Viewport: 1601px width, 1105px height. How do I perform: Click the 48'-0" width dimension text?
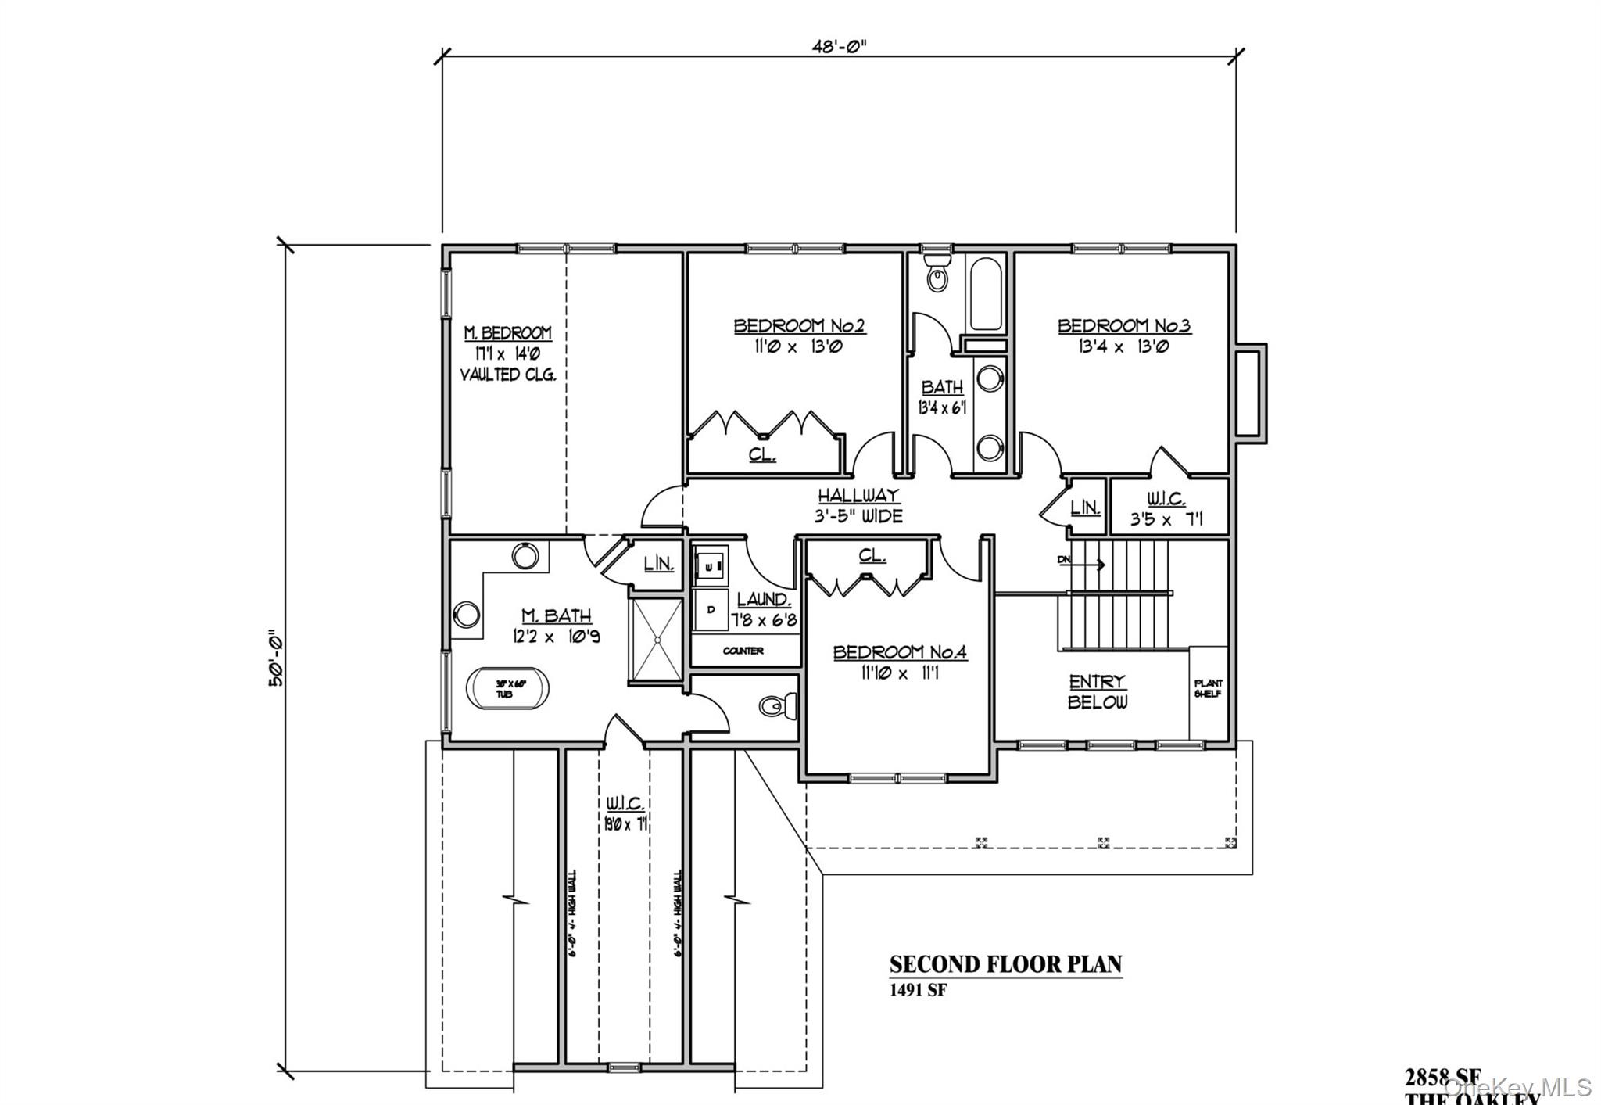pyautogui.click(x=839, y=45)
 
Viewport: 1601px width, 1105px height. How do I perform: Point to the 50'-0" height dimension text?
pyautogui.click(x=275, y=658)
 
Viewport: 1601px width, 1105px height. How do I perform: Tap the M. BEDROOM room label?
pyautogui.click(x=507, y=332)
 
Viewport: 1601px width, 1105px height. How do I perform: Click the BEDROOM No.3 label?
pyautogui.click(x=1123, y=325)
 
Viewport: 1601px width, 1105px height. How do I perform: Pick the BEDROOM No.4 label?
pyautogui.click(x=900, y=651)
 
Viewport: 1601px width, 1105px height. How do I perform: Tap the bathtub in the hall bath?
pyautogui.click(x=985, y=294)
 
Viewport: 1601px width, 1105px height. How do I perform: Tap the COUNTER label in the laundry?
pyautogui.click(x=743, y=651)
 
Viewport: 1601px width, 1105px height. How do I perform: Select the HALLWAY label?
pyautogui.click(x=858, y=495)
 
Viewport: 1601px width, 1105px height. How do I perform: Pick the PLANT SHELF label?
pyautogui.click(x=1208, y=688)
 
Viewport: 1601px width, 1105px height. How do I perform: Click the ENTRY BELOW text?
pyautogui.click(x=1098, y=691)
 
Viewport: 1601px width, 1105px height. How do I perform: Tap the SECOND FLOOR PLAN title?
pyautogui.click(x=1005, y=964)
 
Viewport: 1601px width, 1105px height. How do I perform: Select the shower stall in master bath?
pyautogui.click(x=655, y=640)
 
